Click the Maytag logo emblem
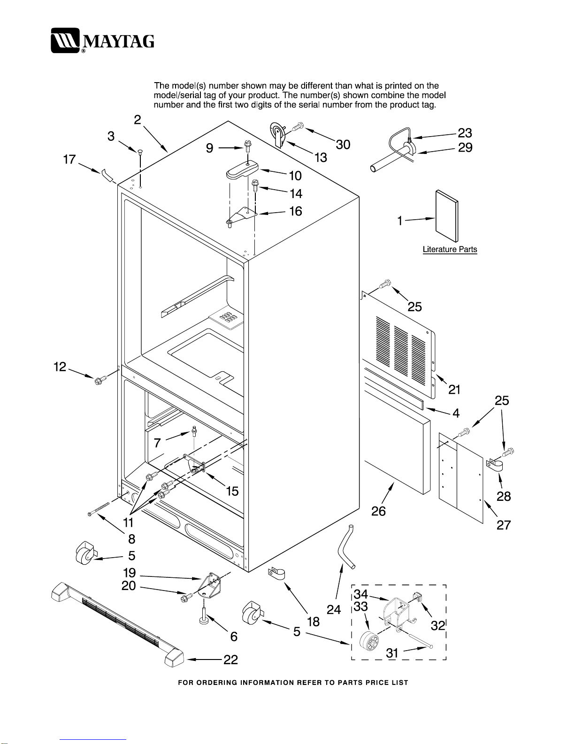click(x=65, y=40)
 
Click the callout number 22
click(x=230, y=660)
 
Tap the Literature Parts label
click(x=450, y=249)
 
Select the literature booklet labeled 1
click(x=447, y=216)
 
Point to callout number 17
click(x=69, y=159)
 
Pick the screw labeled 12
click(x=100, y=379)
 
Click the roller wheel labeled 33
click(x=369, y=640)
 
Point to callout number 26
click(x=378, y=511)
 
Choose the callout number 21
click(x=454, y=389)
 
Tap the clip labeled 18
click(x=276, y=574)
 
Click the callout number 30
click(x=343, y=145)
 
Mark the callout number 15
click(x=232, y=491)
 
